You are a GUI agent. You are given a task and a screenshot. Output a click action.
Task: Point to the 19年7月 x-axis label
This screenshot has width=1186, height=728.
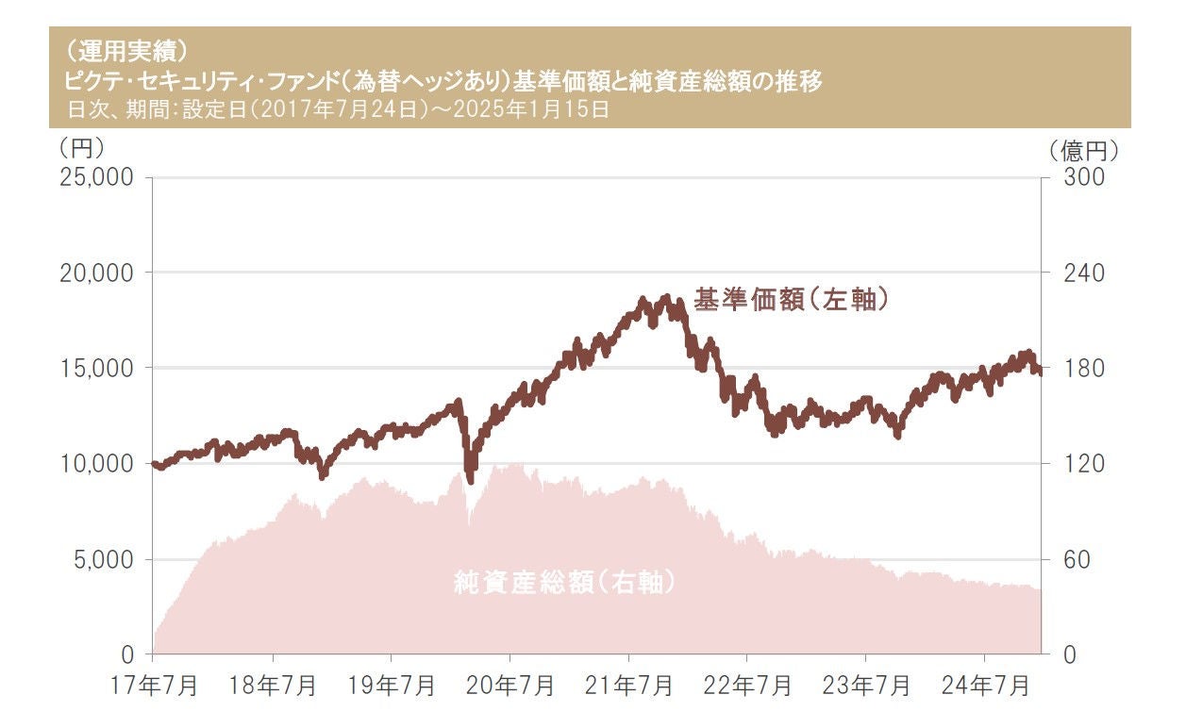392,686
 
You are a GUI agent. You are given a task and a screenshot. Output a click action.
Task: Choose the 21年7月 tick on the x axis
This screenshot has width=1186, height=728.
629,686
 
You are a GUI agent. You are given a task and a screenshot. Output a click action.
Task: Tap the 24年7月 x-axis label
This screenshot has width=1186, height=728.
985,686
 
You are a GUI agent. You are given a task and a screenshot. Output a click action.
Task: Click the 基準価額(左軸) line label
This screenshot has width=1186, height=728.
793,300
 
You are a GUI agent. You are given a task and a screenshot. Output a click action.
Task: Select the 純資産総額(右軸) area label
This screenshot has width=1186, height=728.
564,583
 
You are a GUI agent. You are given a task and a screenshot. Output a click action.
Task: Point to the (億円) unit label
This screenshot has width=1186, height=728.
1081,149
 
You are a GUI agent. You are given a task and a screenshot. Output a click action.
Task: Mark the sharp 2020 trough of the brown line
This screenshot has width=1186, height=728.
471,478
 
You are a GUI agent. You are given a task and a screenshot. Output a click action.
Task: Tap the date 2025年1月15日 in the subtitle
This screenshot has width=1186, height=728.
545,108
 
